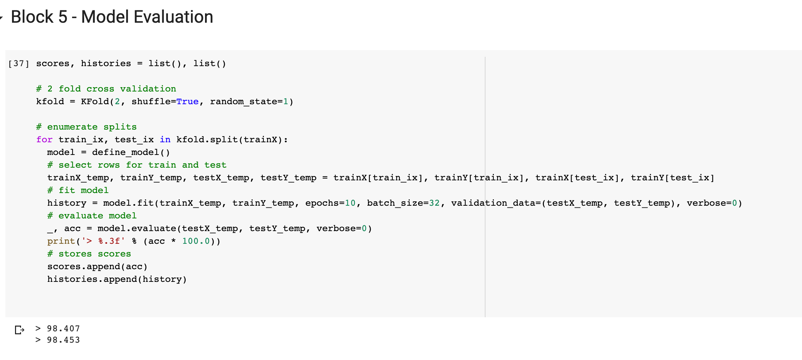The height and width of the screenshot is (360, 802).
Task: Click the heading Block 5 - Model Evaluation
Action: tap(112, 17)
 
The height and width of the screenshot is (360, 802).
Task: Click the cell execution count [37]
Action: tap(19, 63)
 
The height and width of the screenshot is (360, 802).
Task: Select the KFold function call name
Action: tap(95, 102)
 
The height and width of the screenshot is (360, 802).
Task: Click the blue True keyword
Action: tap(187, 102)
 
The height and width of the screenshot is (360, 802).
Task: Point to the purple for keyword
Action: tap(44, 140)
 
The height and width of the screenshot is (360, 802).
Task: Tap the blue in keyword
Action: tap(165, 140)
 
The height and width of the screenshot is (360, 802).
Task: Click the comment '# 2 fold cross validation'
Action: tap(106, 89)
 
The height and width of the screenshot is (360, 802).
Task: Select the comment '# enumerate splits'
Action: tap(86, 127)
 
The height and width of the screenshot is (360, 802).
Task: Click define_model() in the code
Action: tap(131, 152)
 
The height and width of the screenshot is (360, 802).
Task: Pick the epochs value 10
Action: tap(350, 203)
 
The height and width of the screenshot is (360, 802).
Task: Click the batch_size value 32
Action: tap(434, 203)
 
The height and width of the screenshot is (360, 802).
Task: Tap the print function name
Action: tap(61, 241)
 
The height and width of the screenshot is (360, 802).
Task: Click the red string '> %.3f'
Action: tap(103, 241)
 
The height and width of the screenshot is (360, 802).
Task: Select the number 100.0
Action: tap(196, 241)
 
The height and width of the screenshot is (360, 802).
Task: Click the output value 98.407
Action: tap(63, 329)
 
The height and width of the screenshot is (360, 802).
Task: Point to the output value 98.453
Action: tap(63, 340)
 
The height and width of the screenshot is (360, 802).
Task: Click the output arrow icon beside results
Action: tap(19, 330)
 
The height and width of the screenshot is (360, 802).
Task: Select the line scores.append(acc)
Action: tap(97, 266)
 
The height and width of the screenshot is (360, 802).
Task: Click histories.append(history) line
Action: tap(117, 279)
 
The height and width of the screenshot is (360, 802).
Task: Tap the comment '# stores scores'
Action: tap(89, 254)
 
